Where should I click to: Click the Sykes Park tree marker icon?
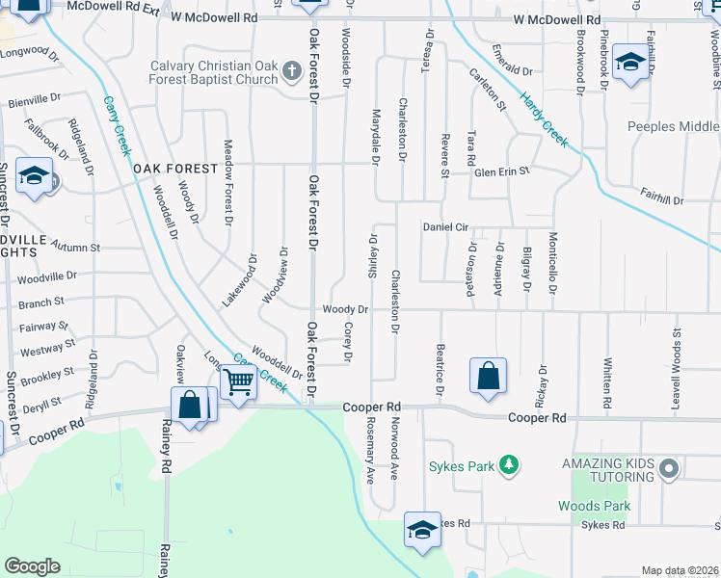509,466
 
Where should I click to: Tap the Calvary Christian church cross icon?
287,66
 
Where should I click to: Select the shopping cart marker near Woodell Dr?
238,381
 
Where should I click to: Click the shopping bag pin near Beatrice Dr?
489,377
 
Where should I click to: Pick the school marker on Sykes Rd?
422,531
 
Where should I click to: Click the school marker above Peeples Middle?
630,64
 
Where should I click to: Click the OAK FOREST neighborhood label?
176,169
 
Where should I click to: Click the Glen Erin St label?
502,171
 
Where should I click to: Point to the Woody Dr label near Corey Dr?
345,309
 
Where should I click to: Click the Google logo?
32,566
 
